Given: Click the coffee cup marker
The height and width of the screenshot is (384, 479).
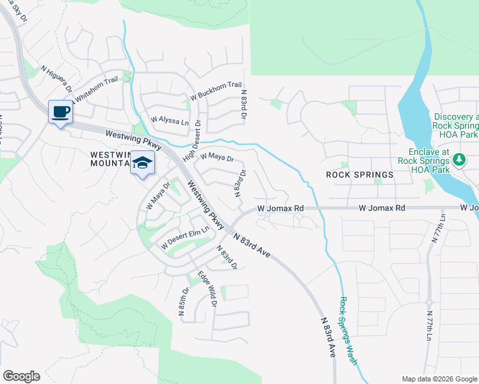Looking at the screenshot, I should coord(61,113).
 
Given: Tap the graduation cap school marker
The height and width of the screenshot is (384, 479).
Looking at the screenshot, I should coord(143,163).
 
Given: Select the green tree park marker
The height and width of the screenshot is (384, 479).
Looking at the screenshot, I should coord(459,160).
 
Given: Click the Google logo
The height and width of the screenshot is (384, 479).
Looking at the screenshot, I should coord(21,376).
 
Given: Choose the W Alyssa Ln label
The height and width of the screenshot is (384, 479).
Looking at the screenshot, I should coord(170,120).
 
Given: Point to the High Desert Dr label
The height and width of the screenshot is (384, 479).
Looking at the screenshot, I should coord(191,141).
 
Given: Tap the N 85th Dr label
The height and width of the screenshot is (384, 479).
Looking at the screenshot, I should coord(184,302).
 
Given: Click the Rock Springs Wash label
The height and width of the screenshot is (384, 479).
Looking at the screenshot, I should coord(348,331).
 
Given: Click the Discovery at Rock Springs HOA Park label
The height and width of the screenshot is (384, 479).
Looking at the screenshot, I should coord(455,122).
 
